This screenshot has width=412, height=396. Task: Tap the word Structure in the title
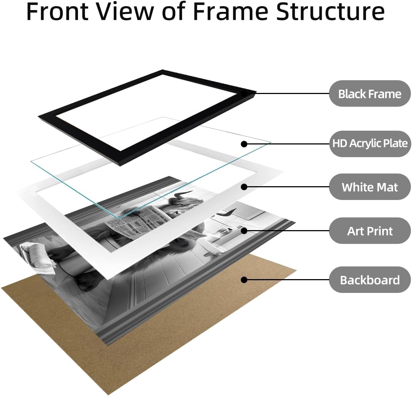330,12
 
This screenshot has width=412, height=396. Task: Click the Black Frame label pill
370,93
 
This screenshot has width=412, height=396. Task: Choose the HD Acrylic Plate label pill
370,144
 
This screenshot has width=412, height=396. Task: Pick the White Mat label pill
370,187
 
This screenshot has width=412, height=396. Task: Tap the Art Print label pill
370,230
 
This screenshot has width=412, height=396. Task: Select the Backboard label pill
370,279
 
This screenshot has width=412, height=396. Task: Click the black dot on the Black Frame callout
244,93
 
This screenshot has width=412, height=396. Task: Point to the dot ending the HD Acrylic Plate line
244,144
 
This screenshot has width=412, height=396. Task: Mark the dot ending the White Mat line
244,187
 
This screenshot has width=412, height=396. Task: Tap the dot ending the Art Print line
244,230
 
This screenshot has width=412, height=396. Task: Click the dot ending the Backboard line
244,280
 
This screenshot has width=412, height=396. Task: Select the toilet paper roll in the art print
37,253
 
